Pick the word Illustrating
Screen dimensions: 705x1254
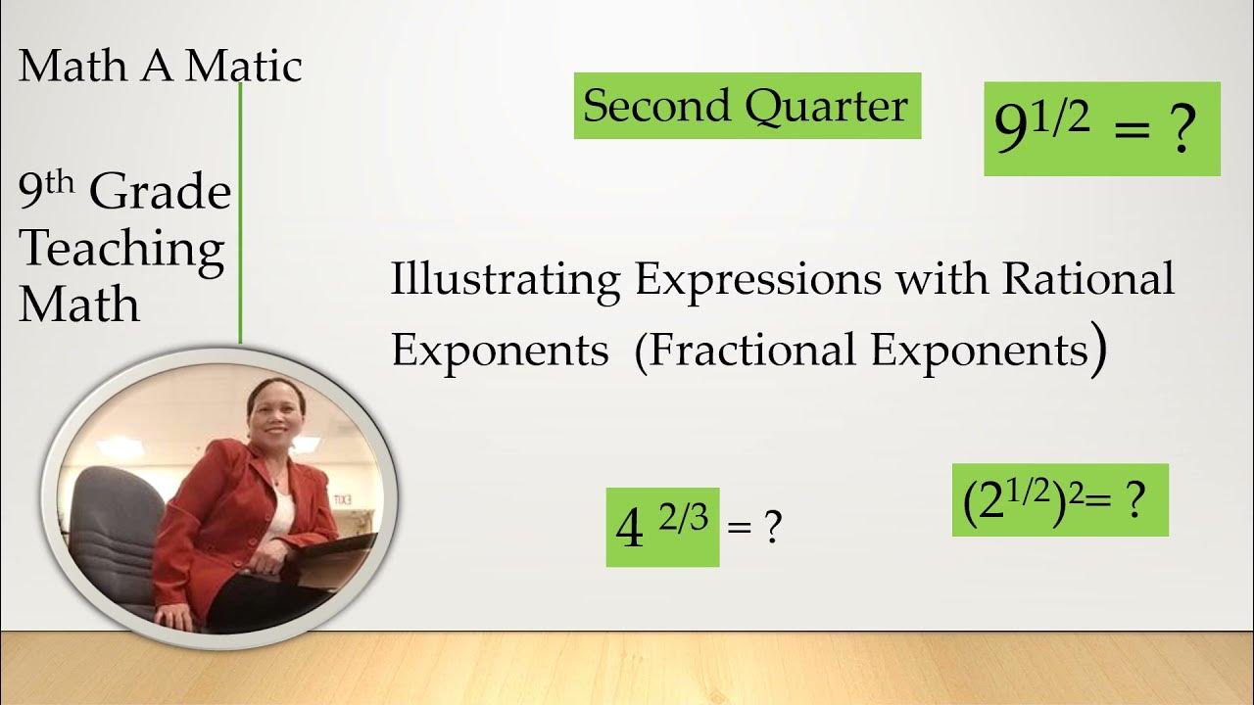506,281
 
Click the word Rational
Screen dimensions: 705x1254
1087,279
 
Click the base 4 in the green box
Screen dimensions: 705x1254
629,531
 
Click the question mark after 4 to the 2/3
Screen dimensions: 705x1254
772,530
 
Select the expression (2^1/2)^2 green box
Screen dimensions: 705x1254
1059,500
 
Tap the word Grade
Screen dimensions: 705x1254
161,193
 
